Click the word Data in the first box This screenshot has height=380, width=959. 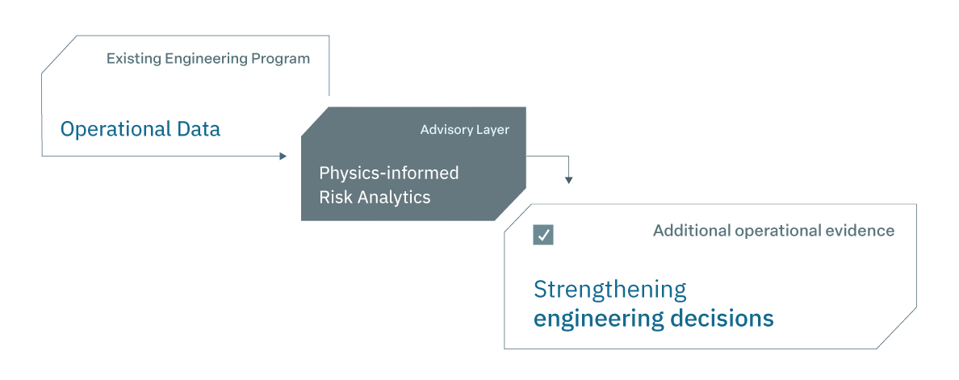click(x=199, y=129)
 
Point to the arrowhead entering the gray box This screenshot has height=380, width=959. click(x=283, y=156)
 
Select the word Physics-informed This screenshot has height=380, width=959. click(x=389, y=173)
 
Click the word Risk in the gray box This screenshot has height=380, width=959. click(x=332, y=198)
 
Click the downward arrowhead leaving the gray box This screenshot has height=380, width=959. click(x=569, y=180)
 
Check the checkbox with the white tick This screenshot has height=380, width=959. click(x=543, y=235)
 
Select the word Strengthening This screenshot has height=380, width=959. click(x=609, y=290)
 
